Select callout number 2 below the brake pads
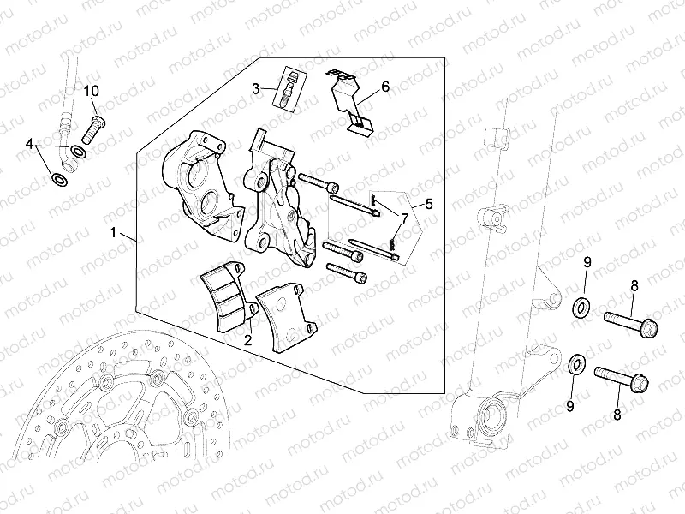247,340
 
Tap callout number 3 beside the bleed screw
255,87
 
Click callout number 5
429,204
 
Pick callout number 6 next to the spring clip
384,87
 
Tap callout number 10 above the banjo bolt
92,90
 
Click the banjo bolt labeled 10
93,126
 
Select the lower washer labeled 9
576,364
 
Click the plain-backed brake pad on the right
285,320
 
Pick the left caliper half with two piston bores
199,180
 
